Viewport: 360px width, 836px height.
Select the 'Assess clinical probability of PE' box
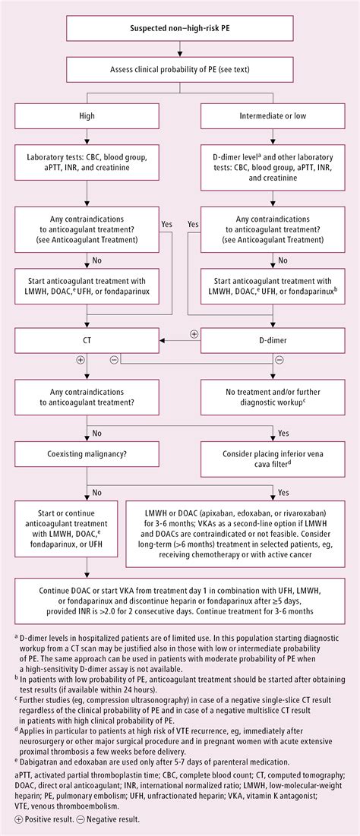179,71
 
